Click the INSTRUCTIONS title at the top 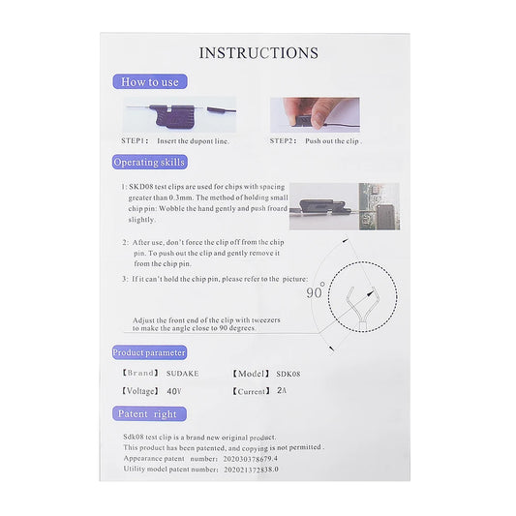pos(258,52)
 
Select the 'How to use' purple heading pos(150,82)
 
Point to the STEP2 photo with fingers pos(314,113)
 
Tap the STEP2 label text pos(284,141)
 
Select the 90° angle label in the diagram pos(316,291)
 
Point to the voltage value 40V pos(174,392)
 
